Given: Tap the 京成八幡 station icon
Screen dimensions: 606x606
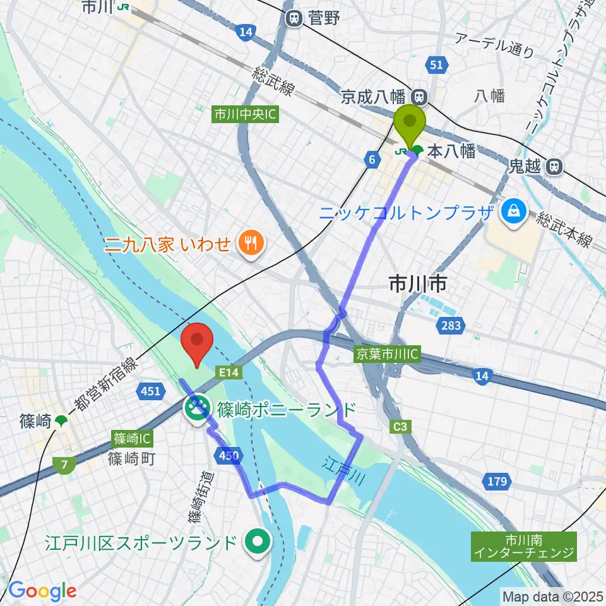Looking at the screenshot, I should click(x=418, y=97).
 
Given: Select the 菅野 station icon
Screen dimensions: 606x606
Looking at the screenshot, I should click(x=294, y=18).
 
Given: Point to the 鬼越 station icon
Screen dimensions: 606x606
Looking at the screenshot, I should click(x=554, y=167).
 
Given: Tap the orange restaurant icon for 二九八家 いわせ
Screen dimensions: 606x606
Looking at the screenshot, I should click(x=250, y=242).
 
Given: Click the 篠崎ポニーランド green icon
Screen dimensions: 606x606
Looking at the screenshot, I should click(x=198, y=408).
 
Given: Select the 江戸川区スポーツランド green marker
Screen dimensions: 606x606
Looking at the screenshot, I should click(x=258, y=541).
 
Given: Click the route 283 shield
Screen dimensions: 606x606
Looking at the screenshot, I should click(x=451, y=326).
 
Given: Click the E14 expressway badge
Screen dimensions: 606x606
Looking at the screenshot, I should click(x=229, y=373).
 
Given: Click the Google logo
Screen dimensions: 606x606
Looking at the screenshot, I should click(x=42, y=591).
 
